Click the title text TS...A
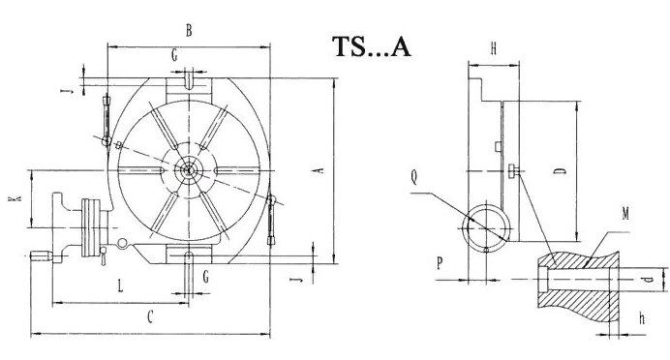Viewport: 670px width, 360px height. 372,46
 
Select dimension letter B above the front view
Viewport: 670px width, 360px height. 189,31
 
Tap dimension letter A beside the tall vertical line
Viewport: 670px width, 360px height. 319,170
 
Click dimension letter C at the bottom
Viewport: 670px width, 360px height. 150,317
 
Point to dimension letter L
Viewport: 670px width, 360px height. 120,285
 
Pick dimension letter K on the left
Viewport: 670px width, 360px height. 15,199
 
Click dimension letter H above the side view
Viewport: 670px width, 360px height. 494,48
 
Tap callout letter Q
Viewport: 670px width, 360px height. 413,177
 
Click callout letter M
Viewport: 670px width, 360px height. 625,213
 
